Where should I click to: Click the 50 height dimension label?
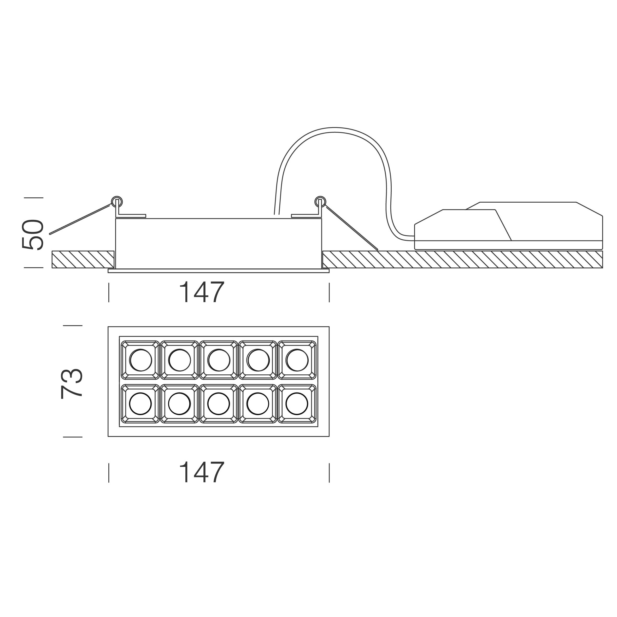pos(33,235)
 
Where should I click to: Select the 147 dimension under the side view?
pos(202,292)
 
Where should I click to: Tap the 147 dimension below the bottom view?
pos(202,472)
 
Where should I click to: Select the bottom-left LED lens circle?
pos(140,404)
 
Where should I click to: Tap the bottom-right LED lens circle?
pos(297,404)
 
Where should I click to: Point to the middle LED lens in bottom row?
pos(219,404)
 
